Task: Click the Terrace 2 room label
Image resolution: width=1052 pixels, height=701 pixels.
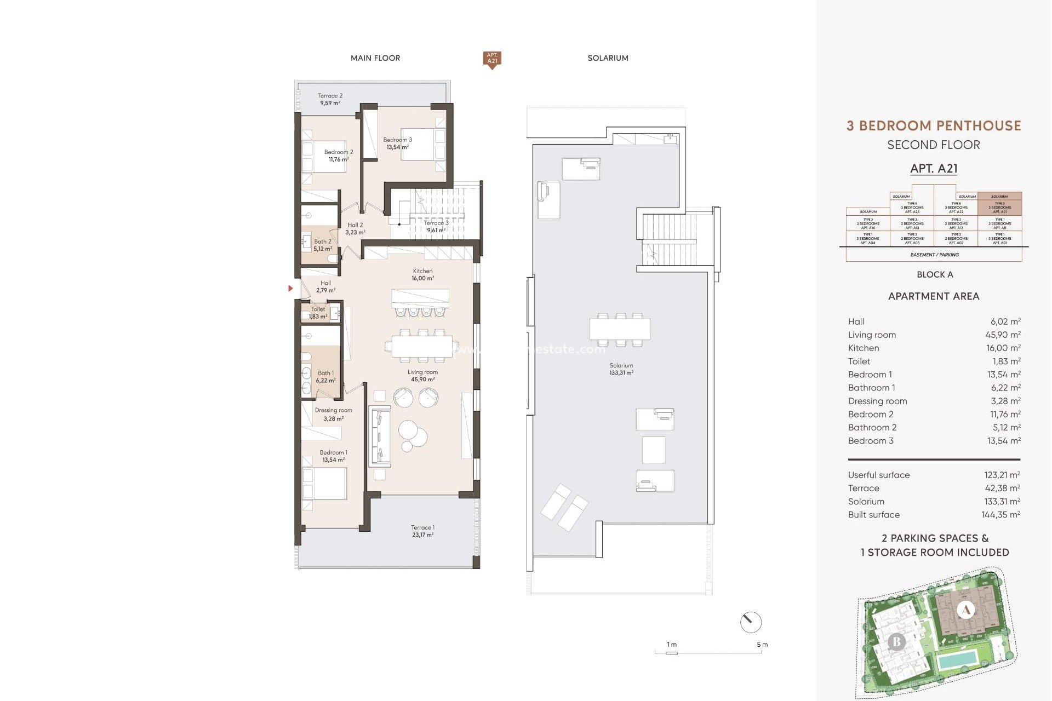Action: pos(330,99)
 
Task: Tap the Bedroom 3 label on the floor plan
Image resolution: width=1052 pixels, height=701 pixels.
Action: pos(397,143)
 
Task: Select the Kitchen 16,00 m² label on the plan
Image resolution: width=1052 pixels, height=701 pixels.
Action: pos(422,274)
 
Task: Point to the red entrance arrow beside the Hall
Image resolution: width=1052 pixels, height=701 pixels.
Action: pos(290,288)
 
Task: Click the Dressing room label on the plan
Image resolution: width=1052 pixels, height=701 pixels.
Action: pos(333,414)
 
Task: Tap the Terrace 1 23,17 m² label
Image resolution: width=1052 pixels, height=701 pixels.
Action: pos(422,531)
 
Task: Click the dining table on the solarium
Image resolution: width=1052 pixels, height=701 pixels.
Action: pos(620,329)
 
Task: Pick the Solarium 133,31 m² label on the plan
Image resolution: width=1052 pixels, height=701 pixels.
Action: pos(621,369)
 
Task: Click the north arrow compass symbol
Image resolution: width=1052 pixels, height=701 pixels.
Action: pos(750,622)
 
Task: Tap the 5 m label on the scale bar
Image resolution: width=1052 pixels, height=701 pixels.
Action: pos(762,645)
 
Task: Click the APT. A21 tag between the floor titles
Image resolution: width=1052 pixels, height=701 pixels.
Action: pos(492,59)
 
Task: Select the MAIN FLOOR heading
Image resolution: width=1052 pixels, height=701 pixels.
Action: pos(375,58)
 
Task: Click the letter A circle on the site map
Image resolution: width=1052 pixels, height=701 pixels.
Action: pos(966,610)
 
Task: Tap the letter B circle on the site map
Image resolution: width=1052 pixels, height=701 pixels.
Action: pos(896,641)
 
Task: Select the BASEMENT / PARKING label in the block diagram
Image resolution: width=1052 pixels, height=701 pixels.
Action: pos(934,255)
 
